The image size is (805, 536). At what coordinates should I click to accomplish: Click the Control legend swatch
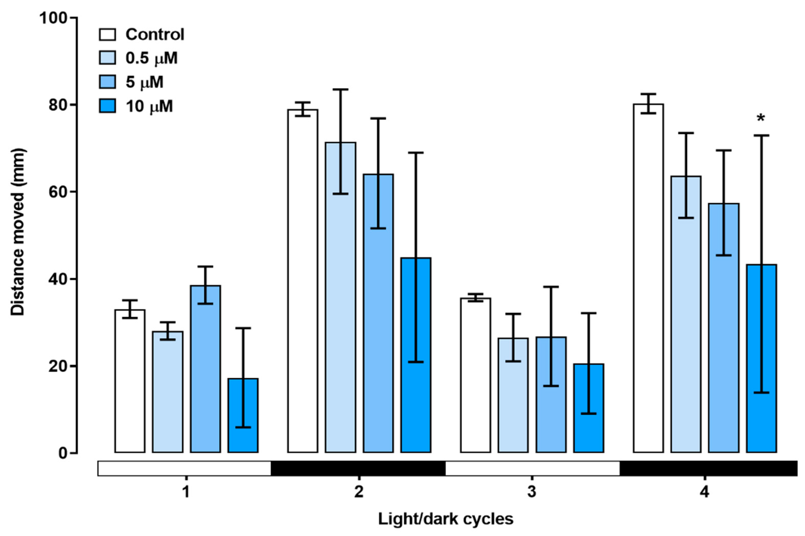(107, 35)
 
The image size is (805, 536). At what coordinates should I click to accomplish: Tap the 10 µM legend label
(149, 106)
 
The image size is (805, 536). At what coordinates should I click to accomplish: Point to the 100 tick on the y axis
(53, 18)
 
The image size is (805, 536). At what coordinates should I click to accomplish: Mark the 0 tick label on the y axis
(62, 453)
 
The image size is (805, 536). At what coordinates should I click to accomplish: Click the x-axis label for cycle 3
(531, 492)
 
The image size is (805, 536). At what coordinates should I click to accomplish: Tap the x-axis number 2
(359, 492)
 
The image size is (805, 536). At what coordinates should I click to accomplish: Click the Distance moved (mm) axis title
(18, 232)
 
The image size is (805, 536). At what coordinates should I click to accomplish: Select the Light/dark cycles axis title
(445, 519)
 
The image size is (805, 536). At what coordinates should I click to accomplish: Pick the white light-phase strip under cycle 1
(184, 468)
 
